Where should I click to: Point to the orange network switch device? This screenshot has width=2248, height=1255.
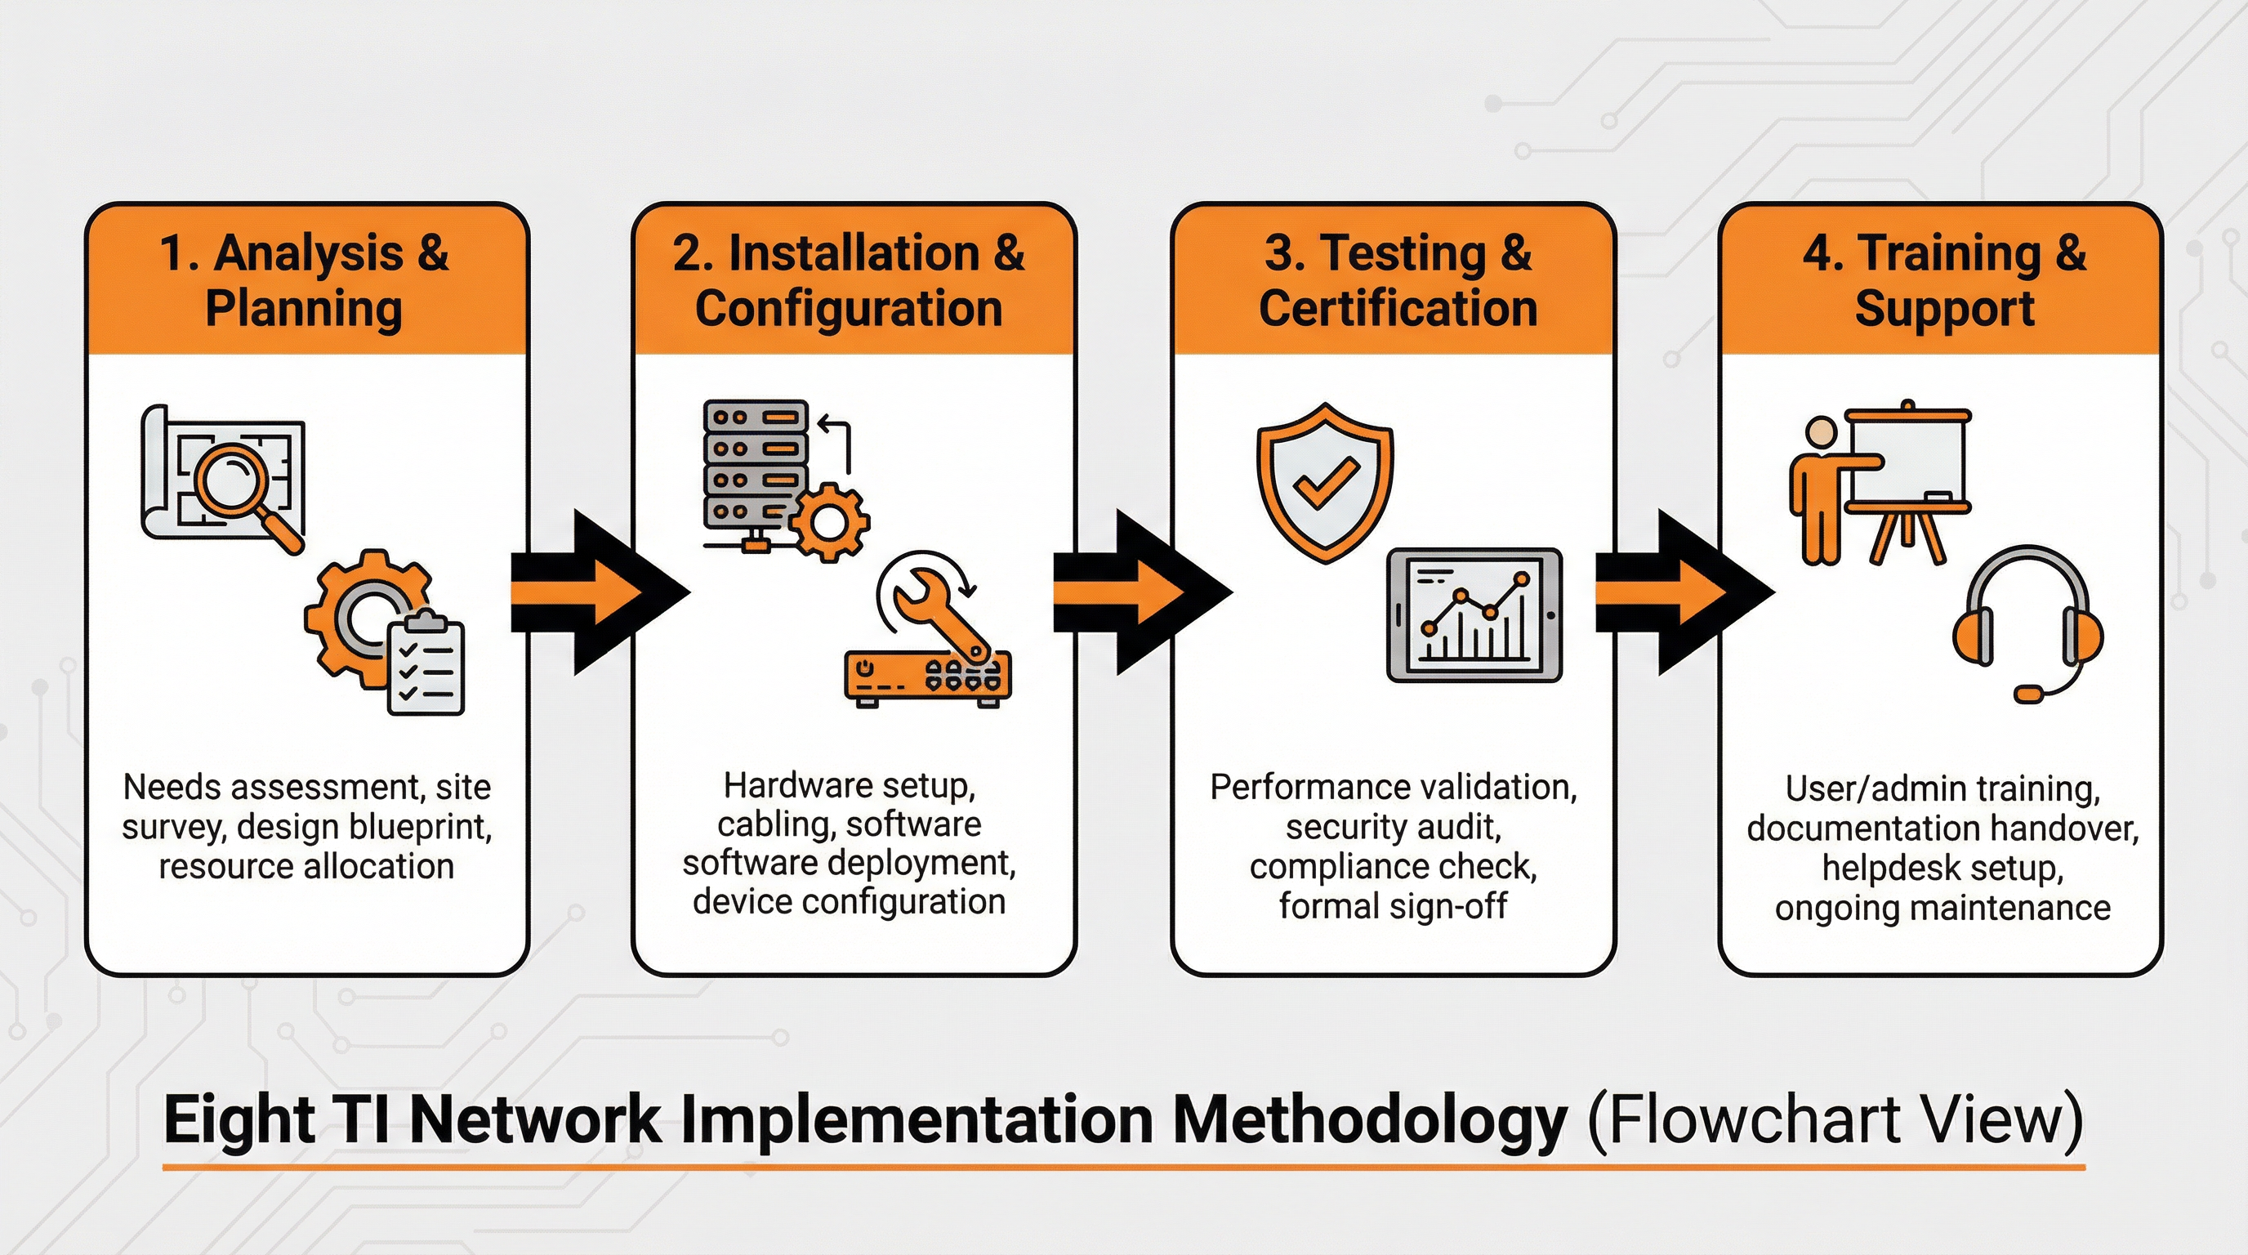pyautogui.click(x=928, y=677)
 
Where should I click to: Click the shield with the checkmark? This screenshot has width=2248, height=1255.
pyautogui.click(x=1325, y=482)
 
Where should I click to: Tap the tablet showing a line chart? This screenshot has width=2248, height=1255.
pyautogui.click(x=1474, y=615)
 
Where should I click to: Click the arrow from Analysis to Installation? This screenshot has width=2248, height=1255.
pyautogui.click(x=599, y=592)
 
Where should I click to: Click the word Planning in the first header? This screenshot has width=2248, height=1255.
pyautogui.click(x=304, y=309)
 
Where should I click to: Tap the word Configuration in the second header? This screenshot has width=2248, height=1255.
pyautogui.click(x=848, y=309)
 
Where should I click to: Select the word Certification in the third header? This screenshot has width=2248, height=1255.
pyautogui.click(x=1398, y=309)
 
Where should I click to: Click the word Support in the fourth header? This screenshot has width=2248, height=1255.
pyautogui.click(x=1944, y=309)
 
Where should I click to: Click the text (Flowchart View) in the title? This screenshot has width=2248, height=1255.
pyautogui.click(x=1835, y=1119)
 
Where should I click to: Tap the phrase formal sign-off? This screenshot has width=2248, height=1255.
pyautogui.click(x=1393, y=906)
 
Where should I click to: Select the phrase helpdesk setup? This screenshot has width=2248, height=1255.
pyautogui.click(x=1942, y=869)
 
